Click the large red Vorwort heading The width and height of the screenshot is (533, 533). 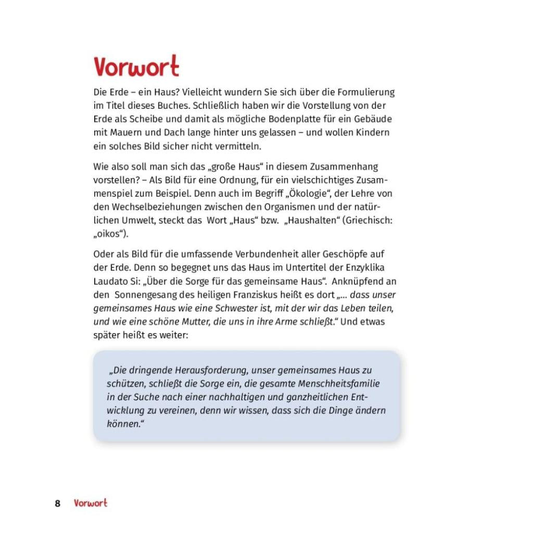click(136, 67)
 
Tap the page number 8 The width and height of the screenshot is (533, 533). click(58, 503)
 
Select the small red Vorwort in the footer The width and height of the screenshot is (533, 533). click(91, 503)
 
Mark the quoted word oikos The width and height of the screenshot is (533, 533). click(111, 234)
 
